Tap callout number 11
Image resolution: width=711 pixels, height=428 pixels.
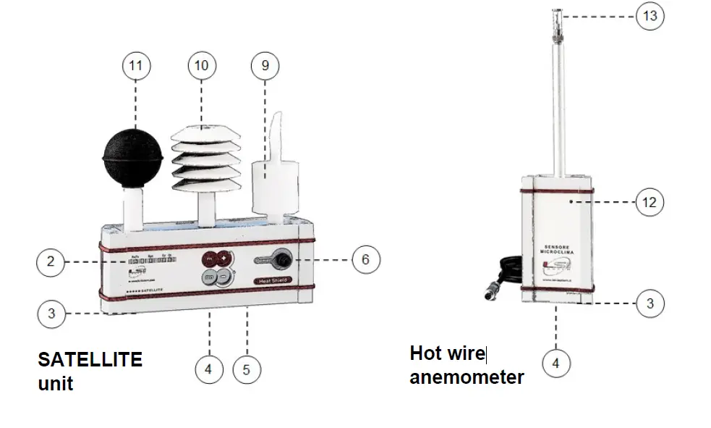tap(135, 66)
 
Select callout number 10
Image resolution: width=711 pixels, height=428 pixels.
tap(201, 66)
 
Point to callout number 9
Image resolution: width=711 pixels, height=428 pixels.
tap(265, 66)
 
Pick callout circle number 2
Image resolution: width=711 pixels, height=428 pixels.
tap(51, 261)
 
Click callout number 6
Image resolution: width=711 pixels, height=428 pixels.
tap(365, 259)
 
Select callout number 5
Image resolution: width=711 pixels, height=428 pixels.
tap(247, 369)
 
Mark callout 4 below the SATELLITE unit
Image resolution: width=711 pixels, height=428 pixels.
tap(208, 369)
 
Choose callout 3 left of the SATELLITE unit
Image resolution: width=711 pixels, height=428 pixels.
tap(51, 314)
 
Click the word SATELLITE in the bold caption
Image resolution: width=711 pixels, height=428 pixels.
tap(90, 359)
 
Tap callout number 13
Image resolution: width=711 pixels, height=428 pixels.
tap(650, 15)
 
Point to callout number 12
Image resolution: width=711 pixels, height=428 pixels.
tap(650, 202)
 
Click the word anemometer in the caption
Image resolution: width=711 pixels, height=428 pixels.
tap(467, 377)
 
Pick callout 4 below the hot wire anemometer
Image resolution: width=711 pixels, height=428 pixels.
tap(555, 363)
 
